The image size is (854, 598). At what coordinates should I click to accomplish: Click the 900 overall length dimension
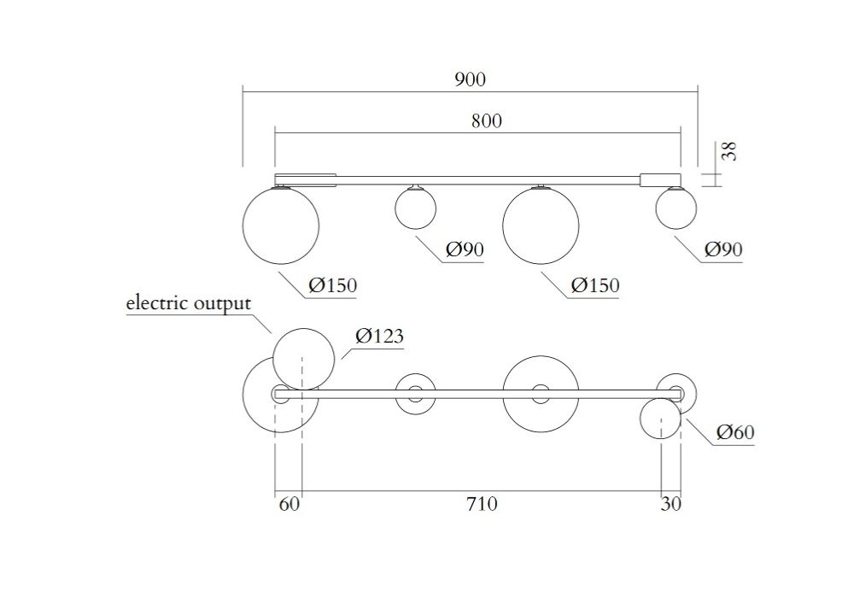pos(470,79)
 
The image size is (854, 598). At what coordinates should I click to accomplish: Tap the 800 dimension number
pos(486,120)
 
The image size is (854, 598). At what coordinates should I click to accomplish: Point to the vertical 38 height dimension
pos(728,152)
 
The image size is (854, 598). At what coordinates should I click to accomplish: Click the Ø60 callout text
pos(734,433)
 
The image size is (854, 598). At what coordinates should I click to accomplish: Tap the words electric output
pos(188,303)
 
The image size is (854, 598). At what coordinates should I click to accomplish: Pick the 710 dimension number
pos(482,504)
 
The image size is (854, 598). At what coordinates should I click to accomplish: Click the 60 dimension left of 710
pos(290,504)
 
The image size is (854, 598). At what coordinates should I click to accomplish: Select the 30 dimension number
pos(671,504)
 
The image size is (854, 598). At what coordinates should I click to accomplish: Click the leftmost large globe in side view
pos(281,226)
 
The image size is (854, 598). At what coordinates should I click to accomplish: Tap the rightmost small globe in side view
pos(676,208)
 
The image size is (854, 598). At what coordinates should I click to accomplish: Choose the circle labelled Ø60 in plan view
pos(661,419)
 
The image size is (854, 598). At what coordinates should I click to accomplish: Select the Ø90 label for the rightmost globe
pos(723,249)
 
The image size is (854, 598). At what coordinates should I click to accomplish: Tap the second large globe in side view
pos(541,226)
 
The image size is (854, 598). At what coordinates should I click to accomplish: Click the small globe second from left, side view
pos(415,208)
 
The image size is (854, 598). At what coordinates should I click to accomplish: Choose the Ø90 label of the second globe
pos(465,249)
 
